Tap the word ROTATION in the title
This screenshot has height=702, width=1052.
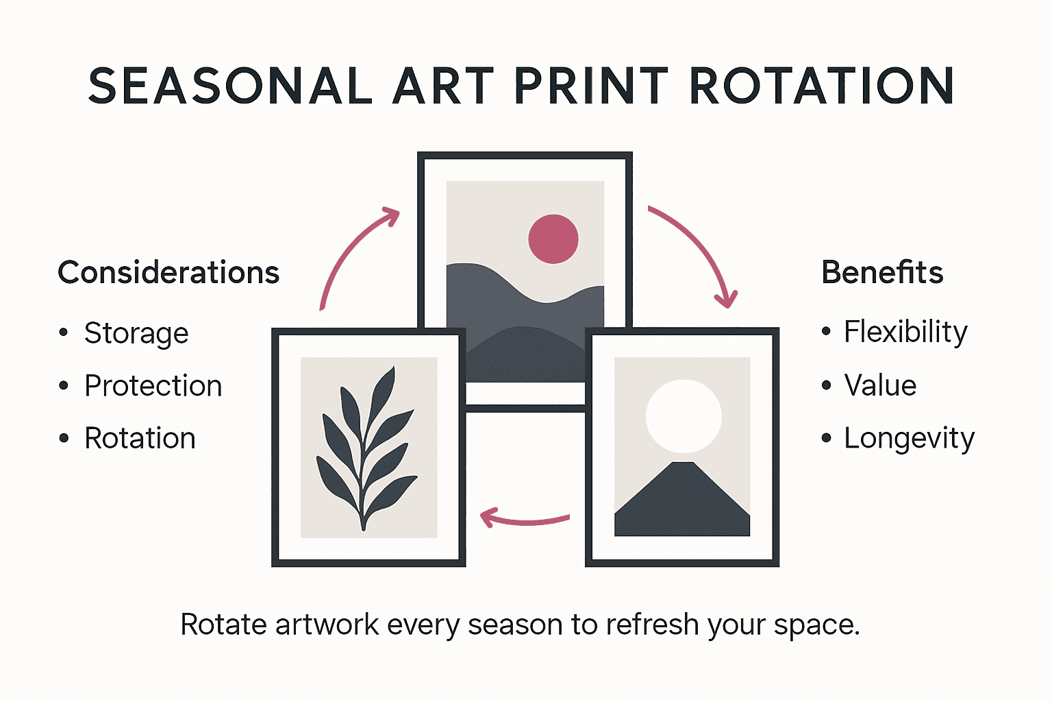click(821, 86)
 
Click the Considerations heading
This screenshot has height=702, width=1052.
click(168, 273)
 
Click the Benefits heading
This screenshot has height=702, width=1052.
click(882, 273)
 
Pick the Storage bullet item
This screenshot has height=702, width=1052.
click(136, 334)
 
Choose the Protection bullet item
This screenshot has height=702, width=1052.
click(153, 386)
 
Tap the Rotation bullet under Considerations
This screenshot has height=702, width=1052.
click(140, 439)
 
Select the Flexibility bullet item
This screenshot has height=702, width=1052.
click(905, 332)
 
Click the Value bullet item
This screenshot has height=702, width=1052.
click(880, 386)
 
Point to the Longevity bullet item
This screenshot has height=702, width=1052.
click(909, 439)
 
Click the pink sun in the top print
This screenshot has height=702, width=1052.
click(553, 239)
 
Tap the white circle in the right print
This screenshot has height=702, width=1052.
click(684, 416)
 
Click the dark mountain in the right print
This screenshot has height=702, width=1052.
click(682, 504)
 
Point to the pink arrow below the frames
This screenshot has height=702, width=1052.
click(524, 519)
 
